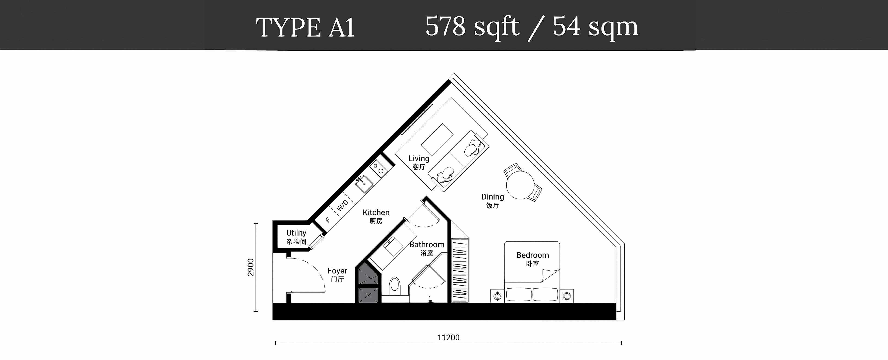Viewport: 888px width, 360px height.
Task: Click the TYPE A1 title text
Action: [305, 28]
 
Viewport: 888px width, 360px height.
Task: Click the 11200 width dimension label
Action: [448, 338]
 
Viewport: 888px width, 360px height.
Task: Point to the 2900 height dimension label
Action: [251, 267]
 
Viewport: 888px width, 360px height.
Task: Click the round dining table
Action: [520, 185]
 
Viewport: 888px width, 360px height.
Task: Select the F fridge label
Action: [327, 220]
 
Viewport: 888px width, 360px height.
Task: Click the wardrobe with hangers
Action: [460, 271]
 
